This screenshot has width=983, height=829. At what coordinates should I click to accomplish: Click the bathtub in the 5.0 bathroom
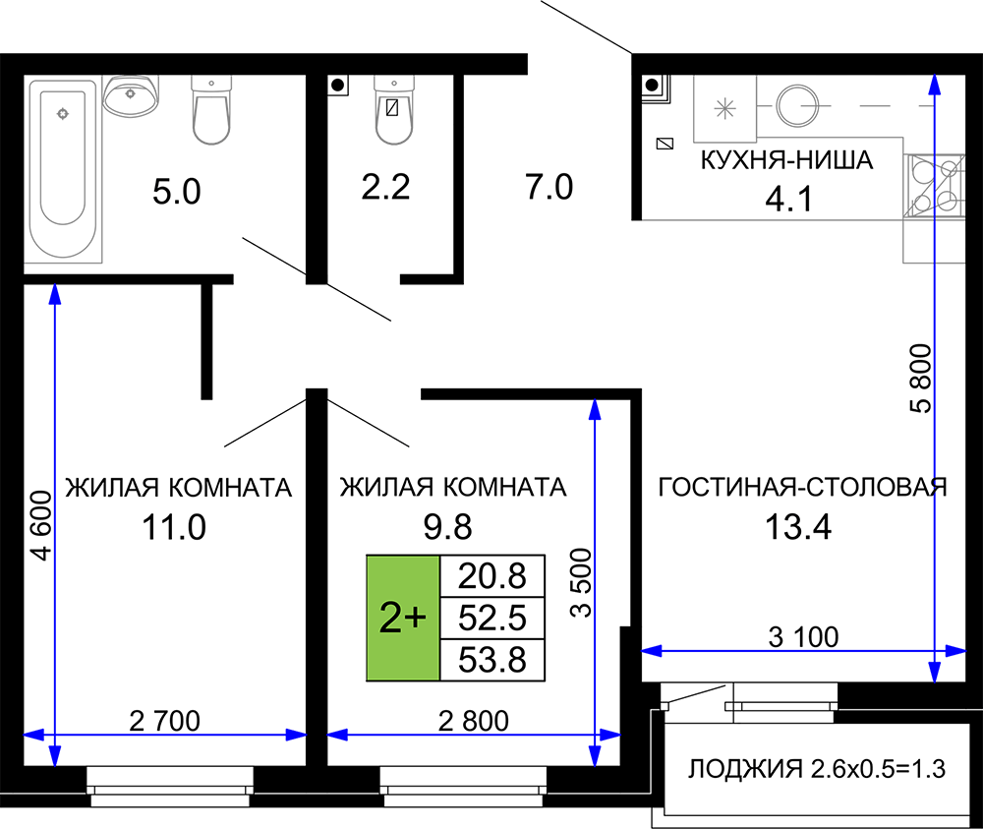tap(63, 169)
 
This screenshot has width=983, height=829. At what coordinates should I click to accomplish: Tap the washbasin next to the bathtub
tap(131, 96)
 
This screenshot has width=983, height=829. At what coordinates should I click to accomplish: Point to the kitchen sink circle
tap(797, 106)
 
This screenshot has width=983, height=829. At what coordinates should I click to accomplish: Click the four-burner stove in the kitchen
tap(934, 186)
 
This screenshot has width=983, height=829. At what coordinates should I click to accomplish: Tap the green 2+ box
tap(403, 618)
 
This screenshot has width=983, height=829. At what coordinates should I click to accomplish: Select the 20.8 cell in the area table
tap(492, 575)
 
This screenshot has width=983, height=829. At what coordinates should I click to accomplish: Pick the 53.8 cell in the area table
tap(492, 660)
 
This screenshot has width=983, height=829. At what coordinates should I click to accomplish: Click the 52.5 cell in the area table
tap(492, 618)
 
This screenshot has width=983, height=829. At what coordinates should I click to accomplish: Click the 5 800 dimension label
tap(920, 379)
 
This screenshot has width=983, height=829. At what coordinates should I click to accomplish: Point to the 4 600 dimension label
tap(41, 525)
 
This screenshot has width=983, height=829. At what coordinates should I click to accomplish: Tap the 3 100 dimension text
tap(803, 637)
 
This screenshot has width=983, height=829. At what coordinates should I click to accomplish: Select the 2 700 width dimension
tap(164, 721)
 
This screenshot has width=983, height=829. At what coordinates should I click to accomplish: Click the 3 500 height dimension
tap(581, 582)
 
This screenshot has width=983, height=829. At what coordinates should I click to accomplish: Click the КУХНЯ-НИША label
tap(786, 160)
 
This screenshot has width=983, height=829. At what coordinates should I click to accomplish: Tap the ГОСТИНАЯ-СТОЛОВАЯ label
tap(802, 487)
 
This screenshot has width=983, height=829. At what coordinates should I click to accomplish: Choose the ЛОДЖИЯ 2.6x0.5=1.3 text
tap(816, 768)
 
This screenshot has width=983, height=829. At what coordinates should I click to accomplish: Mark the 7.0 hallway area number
tap(549, 187)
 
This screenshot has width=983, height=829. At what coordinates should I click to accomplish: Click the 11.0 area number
tap(174, 527)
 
